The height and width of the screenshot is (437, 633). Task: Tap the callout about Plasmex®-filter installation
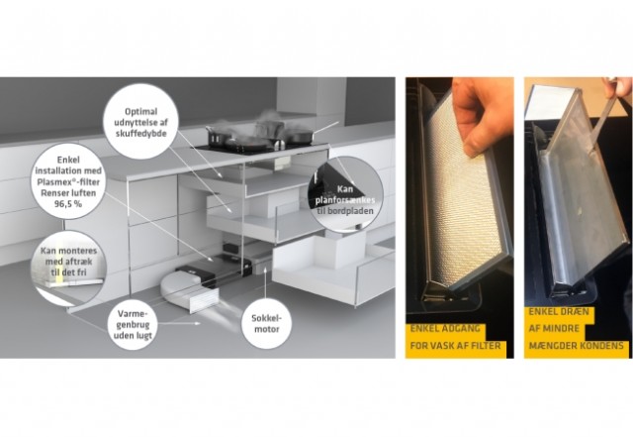68,181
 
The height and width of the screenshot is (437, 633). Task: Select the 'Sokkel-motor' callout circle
266,324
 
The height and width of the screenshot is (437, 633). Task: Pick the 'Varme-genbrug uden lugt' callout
133,324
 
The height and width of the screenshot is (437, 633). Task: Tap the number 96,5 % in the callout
68,203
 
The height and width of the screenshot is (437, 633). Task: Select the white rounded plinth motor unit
189,290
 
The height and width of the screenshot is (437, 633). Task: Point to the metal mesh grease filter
464,190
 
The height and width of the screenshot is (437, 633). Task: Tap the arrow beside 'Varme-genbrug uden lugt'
180,323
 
